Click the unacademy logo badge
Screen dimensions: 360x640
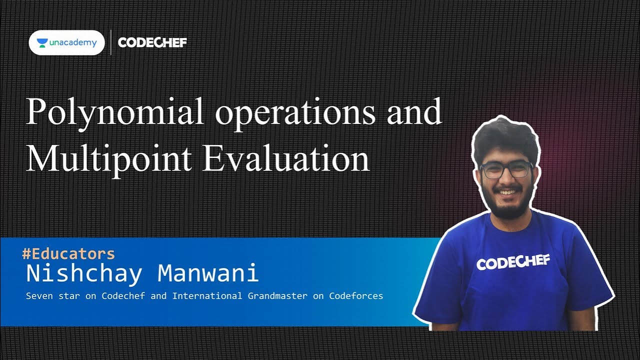tap(66, 42)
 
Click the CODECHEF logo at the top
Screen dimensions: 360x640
tap(152, 42)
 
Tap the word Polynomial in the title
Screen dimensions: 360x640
tap(114, 112)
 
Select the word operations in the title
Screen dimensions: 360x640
tap(295, 112)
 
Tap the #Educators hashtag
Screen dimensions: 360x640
tap(68, 253)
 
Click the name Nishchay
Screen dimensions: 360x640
tap(84, 273)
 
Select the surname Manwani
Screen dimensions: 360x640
tap(208, 273)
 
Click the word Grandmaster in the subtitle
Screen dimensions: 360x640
tap(277, 296)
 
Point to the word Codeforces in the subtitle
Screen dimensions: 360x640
tap(356, 296)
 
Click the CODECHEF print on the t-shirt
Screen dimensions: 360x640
tap(513, 262)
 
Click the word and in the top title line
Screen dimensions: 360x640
tap(414, 112)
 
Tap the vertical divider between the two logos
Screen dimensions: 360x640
tap(110, 42)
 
